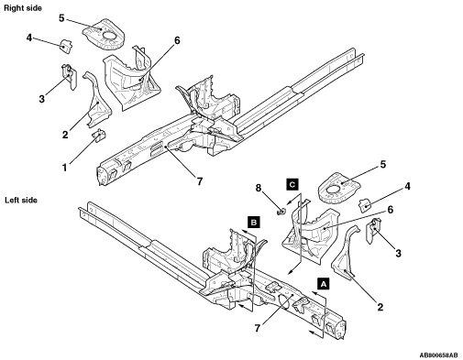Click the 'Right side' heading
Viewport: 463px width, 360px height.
(x=23, y=8)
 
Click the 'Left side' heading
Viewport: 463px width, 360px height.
(x=21, y=201)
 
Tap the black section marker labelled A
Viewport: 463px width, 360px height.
(x=324, y=283)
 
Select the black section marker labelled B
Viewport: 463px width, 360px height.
(x=254, y=223)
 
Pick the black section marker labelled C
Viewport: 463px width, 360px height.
(x=292, y=184)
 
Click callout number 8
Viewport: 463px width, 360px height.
(x=259, y=189)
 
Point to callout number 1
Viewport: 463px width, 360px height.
(x=64, y=168)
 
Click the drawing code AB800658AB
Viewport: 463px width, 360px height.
(x=438, y=355)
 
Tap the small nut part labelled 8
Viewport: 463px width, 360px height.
(x=281, y=211)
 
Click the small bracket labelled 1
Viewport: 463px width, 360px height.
(x=99, y=136)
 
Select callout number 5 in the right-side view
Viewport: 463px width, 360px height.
(x=61, y=18)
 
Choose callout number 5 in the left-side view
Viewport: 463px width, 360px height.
(x=383, y=164)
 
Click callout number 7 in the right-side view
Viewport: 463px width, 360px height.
(x=200, y=181)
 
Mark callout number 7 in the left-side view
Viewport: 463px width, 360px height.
(x=258, y=328)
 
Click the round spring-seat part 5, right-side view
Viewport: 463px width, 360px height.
(x=104, y=34)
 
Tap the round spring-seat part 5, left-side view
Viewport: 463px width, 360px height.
(x=338, y=188)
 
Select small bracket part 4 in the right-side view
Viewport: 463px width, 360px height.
(x=66, y=46)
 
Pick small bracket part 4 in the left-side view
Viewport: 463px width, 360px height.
(x=365, y=205)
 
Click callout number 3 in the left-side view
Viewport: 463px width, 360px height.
(x=398, y=253)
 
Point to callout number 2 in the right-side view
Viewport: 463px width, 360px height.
(x=65, y=135)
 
